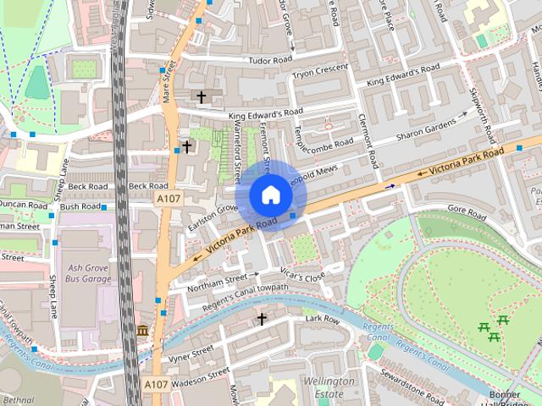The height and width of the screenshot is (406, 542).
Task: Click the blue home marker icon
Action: [x=270, y=195]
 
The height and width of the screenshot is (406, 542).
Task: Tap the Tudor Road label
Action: [x=270, y=60]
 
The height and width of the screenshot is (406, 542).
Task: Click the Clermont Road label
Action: [x=367, y=140]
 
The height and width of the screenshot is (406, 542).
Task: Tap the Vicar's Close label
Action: [x=302, y=277]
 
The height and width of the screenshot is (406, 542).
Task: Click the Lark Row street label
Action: [x=322, y=319]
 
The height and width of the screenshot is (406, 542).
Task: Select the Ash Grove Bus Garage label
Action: [x=88, y=272]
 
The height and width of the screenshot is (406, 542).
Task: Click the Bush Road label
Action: [x=80, y=206]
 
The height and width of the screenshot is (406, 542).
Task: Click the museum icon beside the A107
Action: [x=142, y=330]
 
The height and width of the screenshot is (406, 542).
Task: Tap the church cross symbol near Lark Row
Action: [x=262, y=319]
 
